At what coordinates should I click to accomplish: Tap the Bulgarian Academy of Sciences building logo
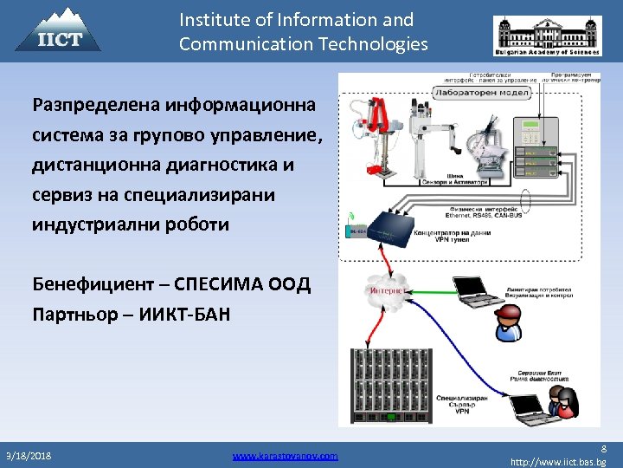pyautogui.click(x=546, y=37)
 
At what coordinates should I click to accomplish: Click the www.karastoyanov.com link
pyautogui.click(x=285, y=455)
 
